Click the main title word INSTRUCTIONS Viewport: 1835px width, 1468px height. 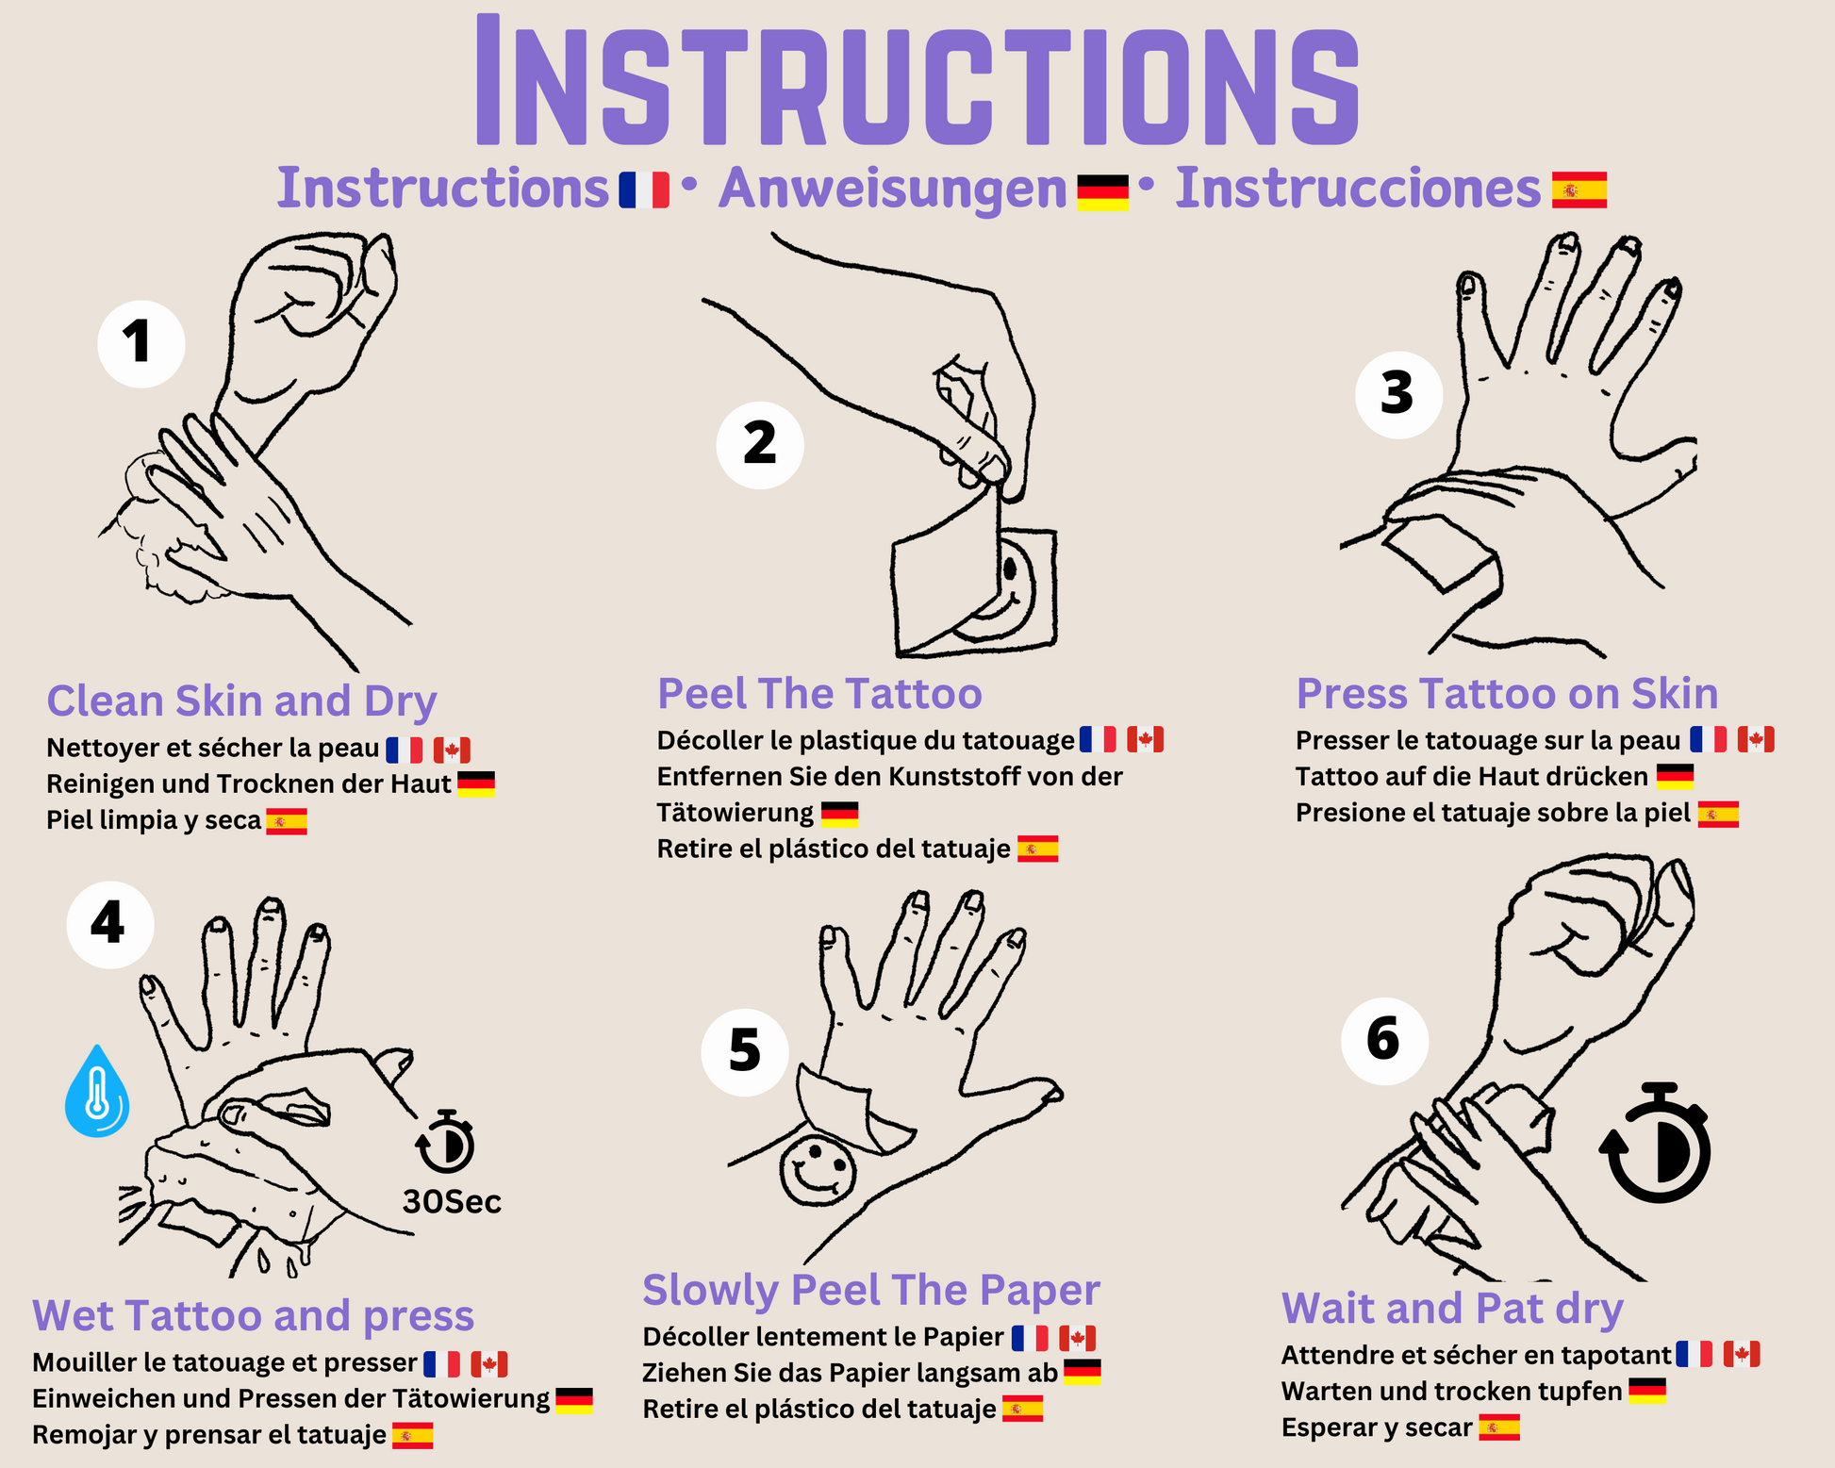[917, 81]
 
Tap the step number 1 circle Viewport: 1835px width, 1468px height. [141, 343]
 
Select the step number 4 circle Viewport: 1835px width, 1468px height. [110, 924]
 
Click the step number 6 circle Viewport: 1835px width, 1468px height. [1384, 1040]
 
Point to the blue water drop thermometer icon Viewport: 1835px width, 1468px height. [97, 1091]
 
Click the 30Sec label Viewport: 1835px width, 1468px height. [452, 1202]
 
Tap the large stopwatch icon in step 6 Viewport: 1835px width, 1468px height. [1656, 1142]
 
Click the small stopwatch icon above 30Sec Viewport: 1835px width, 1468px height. [445, 1142]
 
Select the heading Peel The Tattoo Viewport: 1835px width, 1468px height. [819, 694]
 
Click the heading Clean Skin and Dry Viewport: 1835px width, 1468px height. [241, 702]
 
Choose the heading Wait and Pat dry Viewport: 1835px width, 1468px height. [1452, 1309]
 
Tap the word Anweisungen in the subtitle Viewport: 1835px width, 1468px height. [892, 189]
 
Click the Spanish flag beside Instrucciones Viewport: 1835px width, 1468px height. [1579, 190]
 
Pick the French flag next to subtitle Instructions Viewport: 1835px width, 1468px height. [644, 190]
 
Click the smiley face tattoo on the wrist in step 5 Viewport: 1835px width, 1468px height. [818, 1171]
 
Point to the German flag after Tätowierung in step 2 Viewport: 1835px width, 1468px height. [839, 814]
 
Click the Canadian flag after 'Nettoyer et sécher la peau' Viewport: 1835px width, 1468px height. [452, 750]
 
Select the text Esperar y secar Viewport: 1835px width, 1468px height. [1376, 1428]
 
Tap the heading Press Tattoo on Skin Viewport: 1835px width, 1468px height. [1507, 694]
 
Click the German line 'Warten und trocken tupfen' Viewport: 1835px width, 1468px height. [1451, 1392]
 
